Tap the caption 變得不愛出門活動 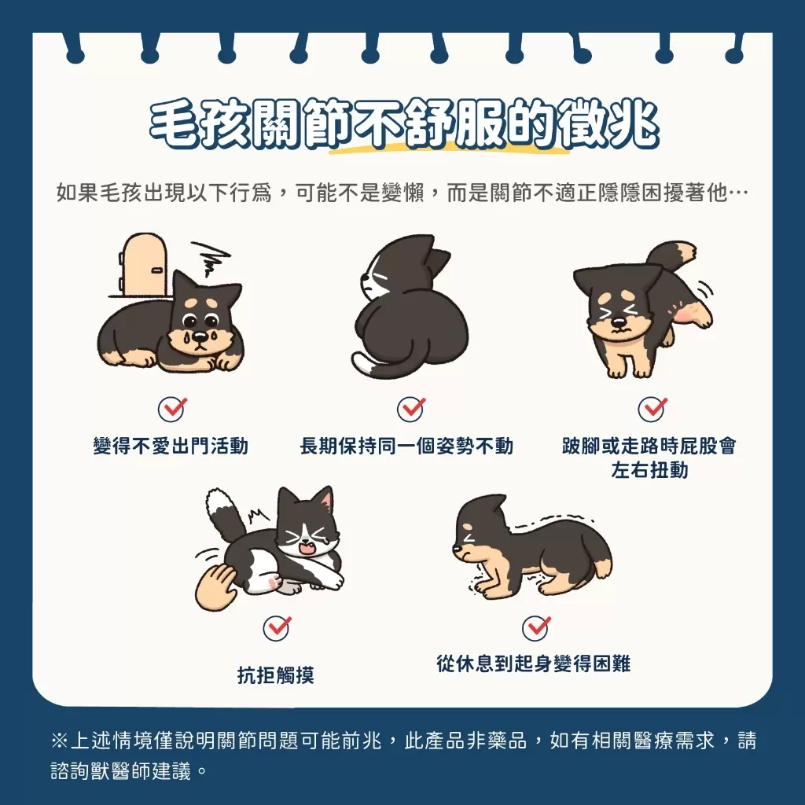pyautogui.click(x=171, y=447)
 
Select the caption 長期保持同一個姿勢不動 pyautogui.click(x=406, y=447)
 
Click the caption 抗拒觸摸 pyautogui.click(x=276, y=675)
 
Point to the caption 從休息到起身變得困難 pyautogui.click(x=534, y=664)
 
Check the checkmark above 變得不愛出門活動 pyautogui.click(x=171, y=409)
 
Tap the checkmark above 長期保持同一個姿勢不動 pyautogui.click(x=410, y=409)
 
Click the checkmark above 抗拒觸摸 pyautogui.click(x=277, y=627)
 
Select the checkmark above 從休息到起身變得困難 pyautogui.click(x=536, y=627)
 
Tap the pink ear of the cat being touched pyautogui.click(x=323, y=500)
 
